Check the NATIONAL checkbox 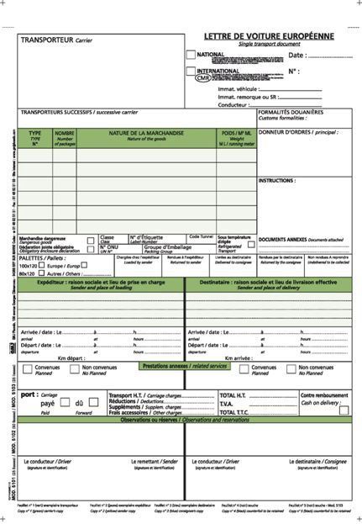point(190,55)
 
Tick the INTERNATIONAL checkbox point(190,71)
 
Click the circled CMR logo point(203,78)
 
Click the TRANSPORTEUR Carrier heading point(56,40)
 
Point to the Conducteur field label point(233,104)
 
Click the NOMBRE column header point(65,135)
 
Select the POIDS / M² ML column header point(237,135)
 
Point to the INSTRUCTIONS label point(276,180)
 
